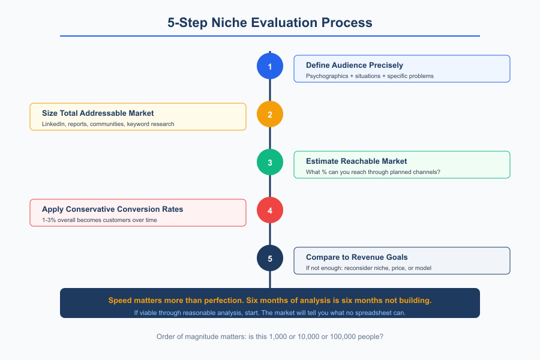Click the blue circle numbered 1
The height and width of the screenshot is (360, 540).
pos(270,67)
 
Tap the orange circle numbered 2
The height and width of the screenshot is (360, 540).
pos(270,115)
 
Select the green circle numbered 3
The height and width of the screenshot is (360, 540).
pos(270,163)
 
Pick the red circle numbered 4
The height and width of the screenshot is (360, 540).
pos(270,211)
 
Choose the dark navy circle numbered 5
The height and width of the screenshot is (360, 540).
pos(270,259)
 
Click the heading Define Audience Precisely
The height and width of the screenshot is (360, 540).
pos(354,65)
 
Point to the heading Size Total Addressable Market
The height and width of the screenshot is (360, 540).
pos(98,113)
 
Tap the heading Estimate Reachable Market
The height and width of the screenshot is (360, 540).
pos(356,161)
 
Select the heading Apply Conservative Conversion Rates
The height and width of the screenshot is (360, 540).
pos(112,209)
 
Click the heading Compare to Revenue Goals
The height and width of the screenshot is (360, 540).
pos(356,257)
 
